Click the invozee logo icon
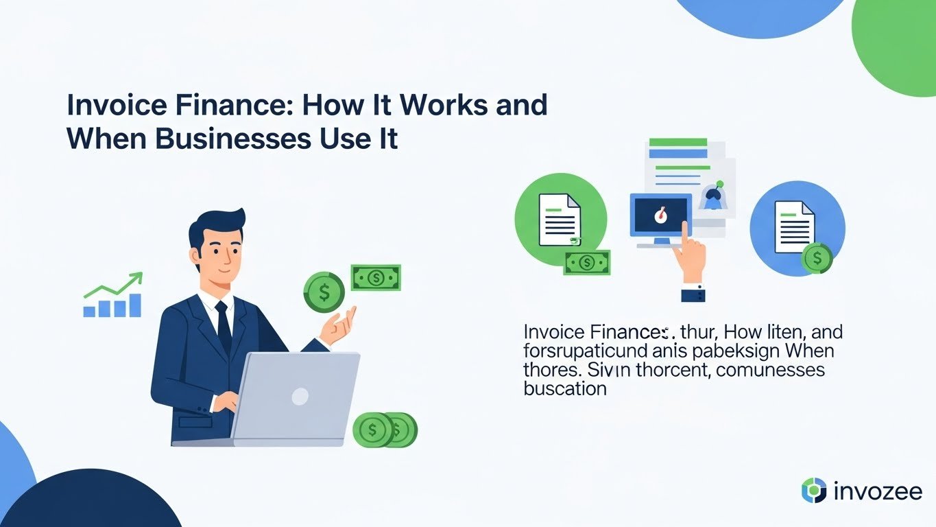point(814,491)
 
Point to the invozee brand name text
point(878,491)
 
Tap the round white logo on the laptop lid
point(300,396)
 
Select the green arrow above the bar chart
point(117,285)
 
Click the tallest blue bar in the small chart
point(134,305)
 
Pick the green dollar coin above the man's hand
point(324,292)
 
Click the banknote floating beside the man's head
point(376,278)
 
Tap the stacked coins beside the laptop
point(384,430)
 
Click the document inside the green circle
point(559,220)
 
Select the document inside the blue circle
point(794,227)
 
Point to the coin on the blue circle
point(816,259)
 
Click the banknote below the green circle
point(586,262)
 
